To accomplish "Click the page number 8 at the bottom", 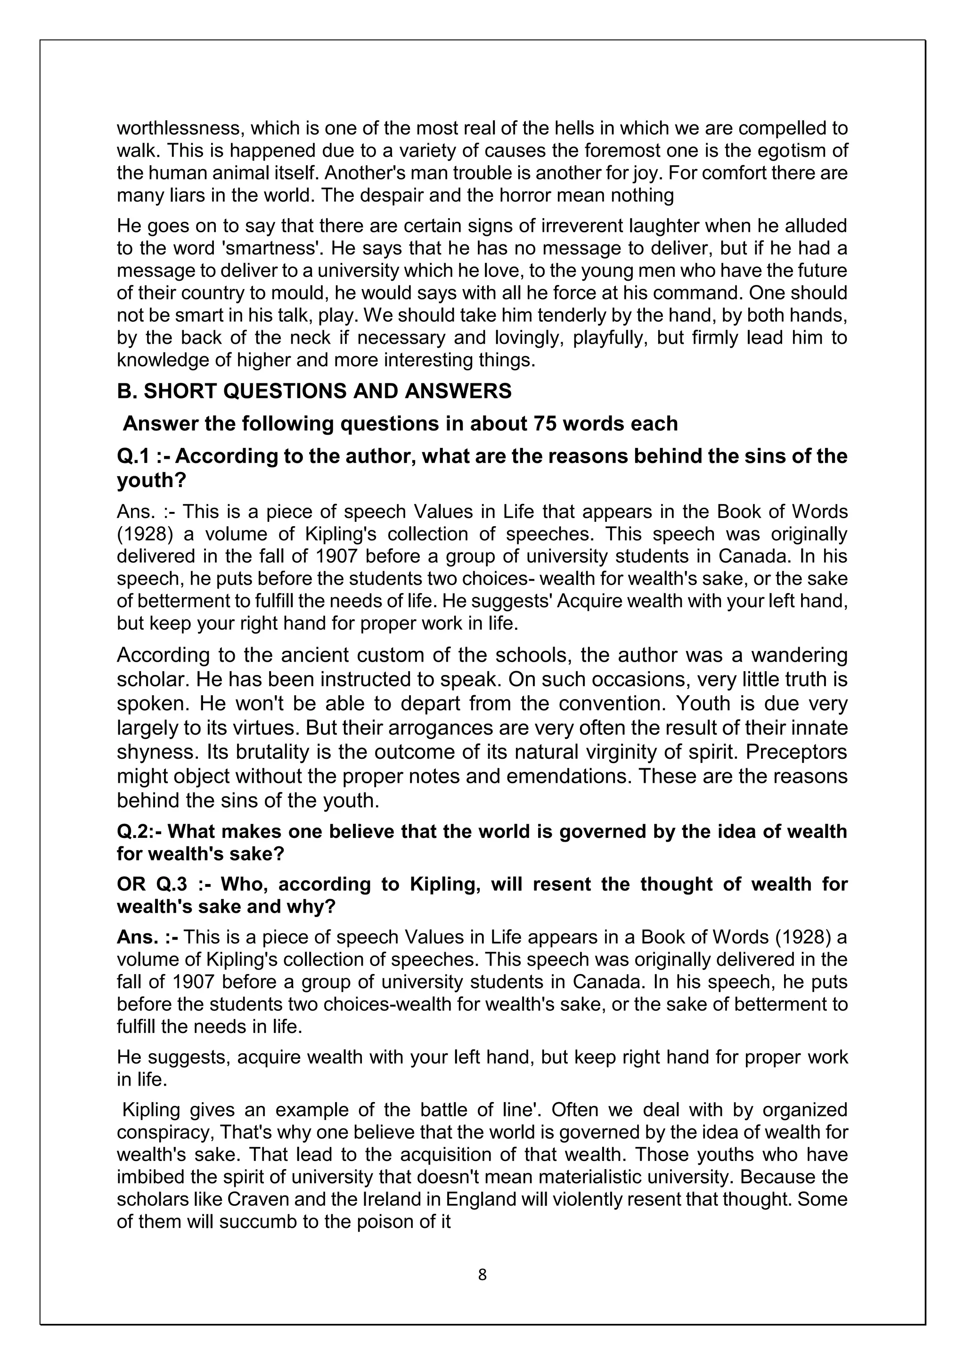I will (x=482, y=1275).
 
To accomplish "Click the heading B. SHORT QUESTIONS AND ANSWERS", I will (x=314, y=391).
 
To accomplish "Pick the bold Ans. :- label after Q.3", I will (x=147, y=937).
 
